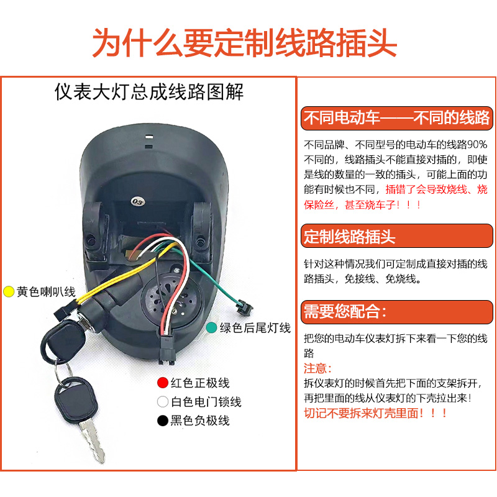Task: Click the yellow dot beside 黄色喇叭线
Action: click(x=9, y=291)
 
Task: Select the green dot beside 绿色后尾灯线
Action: click(x=211, y=328)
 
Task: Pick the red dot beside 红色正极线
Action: click(x=163, y=383)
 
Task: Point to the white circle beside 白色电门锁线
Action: click(x=163, y=402)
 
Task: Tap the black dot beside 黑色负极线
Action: click(x=163, y=421)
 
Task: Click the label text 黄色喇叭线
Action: click(x=46, y=291)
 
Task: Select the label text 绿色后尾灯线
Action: click(x=255, y=328)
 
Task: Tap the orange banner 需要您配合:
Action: click(x=345, y=311)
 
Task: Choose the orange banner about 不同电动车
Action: click(x=396, y=117)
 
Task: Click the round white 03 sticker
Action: click(x=136, y=200)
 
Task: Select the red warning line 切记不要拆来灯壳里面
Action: click(x=375, y=413)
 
